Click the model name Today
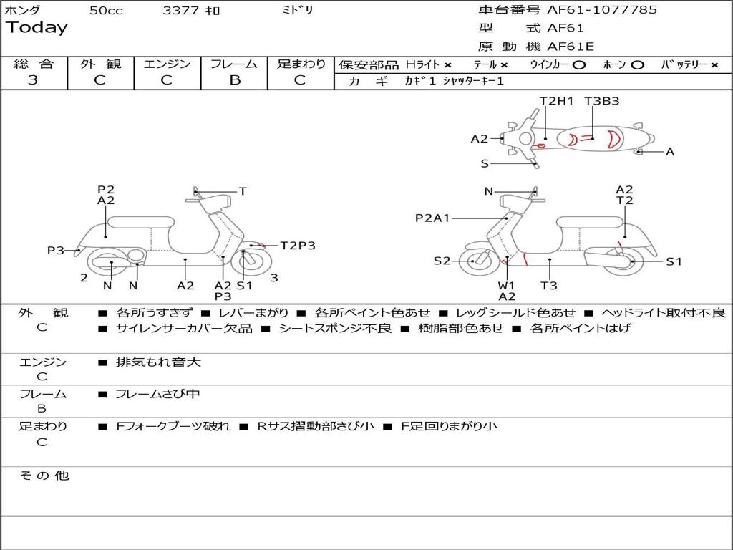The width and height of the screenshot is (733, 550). click(x=37, y=28)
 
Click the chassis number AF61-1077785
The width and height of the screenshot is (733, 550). click(x=601, y=10)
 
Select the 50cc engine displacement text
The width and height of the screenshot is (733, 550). click(x=106, y=11)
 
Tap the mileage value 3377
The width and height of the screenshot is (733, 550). click(x=180, y=11)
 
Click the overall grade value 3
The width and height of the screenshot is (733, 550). click(x=33, y=80)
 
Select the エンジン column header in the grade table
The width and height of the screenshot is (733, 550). click(x=167, y=64)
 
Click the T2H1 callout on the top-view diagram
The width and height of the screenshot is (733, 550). click(x=556, y=101)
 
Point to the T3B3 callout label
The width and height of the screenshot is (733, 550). click(x=601, y=101)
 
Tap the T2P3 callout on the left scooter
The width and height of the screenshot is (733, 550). click(x=298, y=246)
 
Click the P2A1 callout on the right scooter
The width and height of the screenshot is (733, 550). click(x=432, y=218)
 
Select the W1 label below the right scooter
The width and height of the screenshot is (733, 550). click(x=506, y=286)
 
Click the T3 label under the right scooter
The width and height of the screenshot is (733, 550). click(x=549, y=286)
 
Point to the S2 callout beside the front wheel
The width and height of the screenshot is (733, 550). click(x=442, y=261)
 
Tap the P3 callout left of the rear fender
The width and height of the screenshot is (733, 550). click(x=56, y=251)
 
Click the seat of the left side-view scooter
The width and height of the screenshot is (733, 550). click(x=141, y=221)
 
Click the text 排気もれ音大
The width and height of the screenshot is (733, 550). click(x=158, y=362)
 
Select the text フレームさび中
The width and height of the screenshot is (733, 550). click(x=157, y=394)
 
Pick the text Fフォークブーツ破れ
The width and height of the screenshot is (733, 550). click(x=173, y=426)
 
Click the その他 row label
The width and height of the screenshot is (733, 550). click(x=44, y=476)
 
